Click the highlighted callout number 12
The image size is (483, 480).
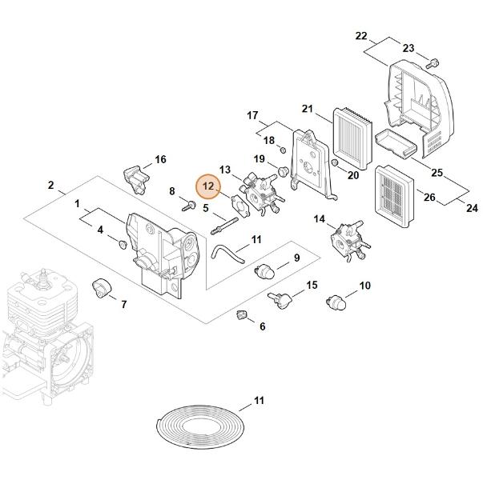208,186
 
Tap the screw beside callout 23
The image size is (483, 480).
433,64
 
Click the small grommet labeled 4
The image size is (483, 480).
123,245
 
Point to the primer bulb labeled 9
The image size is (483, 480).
264,270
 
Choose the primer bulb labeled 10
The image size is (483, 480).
336,302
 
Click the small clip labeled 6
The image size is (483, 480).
242,315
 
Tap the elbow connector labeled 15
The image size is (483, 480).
280,299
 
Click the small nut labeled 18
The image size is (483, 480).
283,150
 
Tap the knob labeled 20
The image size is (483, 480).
334,162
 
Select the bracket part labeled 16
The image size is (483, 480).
136,179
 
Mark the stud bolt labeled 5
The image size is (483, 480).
224,226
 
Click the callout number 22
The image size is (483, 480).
361,36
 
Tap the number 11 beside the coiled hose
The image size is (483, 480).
259,401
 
